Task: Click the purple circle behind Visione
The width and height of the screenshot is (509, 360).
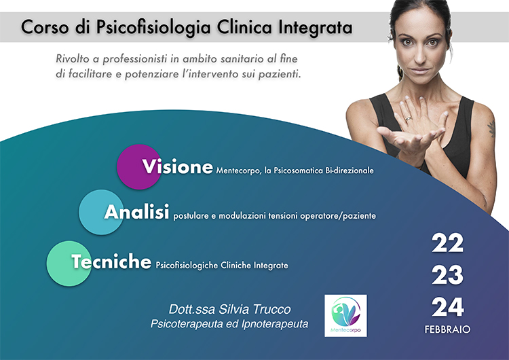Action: point(139,166)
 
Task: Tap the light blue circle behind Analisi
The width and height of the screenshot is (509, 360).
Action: point(101,212)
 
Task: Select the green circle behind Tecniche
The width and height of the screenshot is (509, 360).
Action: point(69,263)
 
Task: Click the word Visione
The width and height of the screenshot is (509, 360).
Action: point(178,166)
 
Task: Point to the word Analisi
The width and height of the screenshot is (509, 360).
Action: point(136,212)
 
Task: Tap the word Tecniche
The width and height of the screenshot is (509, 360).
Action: point(111,262)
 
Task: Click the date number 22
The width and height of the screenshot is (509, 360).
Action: point(447,243)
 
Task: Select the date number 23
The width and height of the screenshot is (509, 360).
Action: point(447,275)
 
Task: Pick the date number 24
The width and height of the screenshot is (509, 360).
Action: point(447,307)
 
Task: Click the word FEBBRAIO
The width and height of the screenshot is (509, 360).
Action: point(447,329)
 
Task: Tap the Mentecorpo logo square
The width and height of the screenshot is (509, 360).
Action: point(345,315)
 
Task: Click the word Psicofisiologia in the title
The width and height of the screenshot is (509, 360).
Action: point(153,27)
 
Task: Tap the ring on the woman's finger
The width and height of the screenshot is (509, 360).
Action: point(409,118)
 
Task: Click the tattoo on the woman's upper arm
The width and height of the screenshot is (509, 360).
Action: point(492,128)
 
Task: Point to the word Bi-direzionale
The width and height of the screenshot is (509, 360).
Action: point(350,170)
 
